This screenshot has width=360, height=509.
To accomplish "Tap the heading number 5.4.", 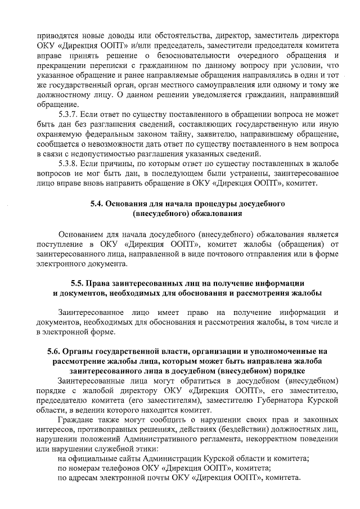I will click(x=100, y=203).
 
